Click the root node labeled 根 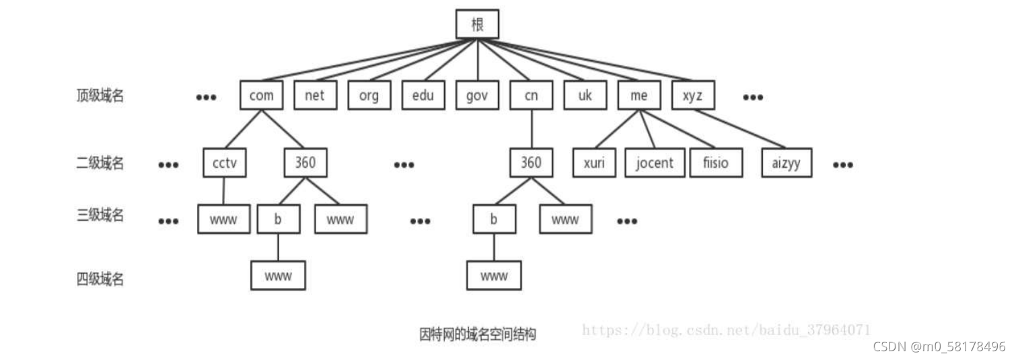[477, 24]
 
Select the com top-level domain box [261, 96]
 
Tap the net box [315, 96]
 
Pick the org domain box [369, 96]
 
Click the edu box [423, 96]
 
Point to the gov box [477, 96]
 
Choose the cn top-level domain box [531, 96]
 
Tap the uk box [585, 96]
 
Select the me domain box [639, 96]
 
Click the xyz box [693, 96]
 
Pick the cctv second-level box [224, 163]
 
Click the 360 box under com [305, 163]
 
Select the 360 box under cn [531, 163]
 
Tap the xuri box [593, 163]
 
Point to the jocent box [654, 163]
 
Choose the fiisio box [716, 163]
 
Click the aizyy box [787, 163]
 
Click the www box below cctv [224, 219]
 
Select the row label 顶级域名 [100, 96]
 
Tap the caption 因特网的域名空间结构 [477, 334]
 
